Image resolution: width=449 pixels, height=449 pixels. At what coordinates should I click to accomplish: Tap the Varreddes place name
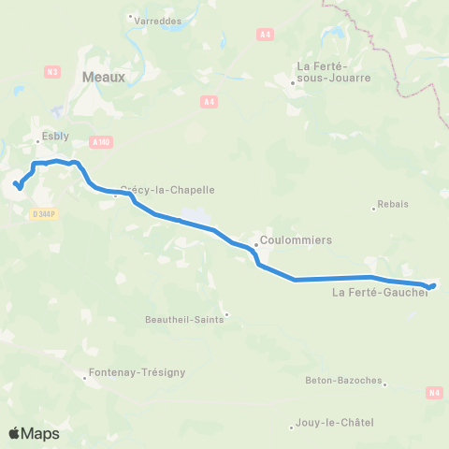[156, 18]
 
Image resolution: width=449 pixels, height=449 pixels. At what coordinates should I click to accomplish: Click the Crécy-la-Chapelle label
[167, 189]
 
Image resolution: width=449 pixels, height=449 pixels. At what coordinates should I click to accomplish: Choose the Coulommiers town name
[296, 239]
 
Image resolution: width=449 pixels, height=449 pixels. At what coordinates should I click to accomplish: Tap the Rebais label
[393, 203]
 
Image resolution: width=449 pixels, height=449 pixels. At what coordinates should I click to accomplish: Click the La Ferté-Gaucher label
[380, 293]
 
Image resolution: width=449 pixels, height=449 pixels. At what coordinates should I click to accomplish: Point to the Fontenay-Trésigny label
[138, 371]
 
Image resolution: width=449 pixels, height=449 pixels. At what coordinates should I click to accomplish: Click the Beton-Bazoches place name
[343, 381]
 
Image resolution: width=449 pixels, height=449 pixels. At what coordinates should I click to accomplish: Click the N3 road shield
[51, 71]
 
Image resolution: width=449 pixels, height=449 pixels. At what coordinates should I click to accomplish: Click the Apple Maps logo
[34, 433]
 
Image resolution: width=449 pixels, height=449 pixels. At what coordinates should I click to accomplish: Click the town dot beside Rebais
[374, 208]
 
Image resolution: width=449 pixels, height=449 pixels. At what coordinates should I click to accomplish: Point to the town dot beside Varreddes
[129, 17]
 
